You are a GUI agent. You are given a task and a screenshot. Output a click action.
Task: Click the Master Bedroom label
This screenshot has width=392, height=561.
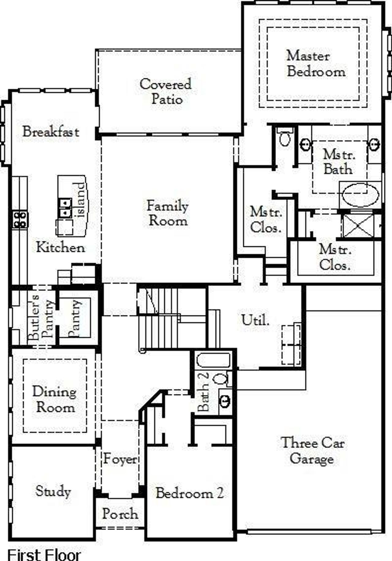[x=316, y=64]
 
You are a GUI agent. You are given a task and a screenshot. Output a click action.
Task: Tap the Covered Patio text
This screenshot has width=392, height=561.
[x=166, y=92]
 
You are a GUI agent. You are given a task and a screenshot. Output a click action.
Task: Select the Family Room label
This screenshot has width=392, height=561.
[x=168, y=213]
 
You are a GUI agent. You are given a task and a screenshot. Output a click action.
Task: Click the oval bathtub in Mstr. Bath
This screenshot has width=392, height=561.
[x=360, y=195]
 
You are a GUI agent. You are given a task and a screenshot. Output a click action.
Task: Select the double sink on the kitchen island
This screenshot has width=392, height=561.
[x=65, y=208]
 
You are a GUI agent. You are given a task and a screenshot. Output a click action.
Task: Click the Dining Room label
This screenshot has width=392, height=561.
[x=55, y=400]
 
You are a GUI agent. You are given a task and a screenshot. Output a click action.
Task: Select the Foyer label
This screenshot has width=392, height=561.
[x=120, y=459]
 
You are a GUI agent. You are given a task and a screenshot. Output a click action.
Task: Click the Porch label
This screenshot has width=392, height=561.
[x=120, y=514]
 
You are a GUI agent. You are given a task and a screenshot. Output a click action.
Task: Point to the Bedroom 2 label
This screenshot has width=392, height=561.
[x=190, y=493]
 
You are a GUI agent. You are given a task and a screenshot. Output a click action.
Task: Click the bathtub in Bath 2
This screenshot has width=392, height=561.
[x=213, y=361]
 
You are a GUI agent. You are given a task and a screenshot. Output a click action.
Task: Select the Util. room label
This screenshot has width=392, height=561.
[x=255, y=320]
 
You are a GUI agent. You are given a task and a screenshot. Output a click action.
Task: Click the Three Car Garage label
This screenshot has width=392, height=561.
[x=312, y=451]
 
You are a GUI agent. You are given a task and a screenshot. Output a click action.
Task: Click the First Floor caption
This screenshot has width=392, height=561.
[x=44, y=555]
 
